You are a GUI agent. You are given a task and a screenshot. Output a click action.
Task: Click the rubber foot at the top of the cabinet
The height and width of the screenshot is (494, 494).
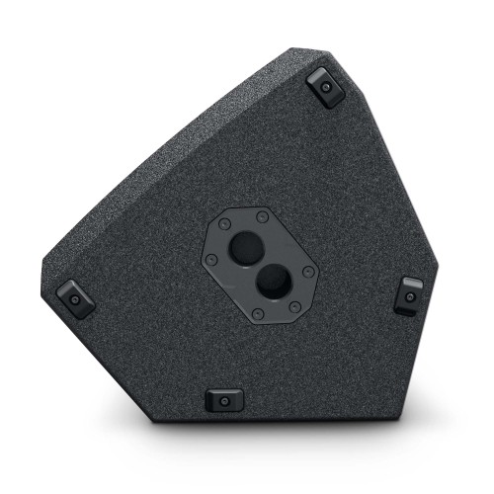click(325, 88)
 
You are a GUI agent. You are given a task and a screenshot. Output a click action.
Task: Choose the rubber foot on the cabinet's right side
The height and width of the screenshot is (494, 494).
click(408, 293)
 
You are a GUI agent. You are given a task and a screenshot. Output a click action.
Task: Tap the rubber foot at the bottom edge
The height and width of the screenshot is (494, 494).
click(223, 399)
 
